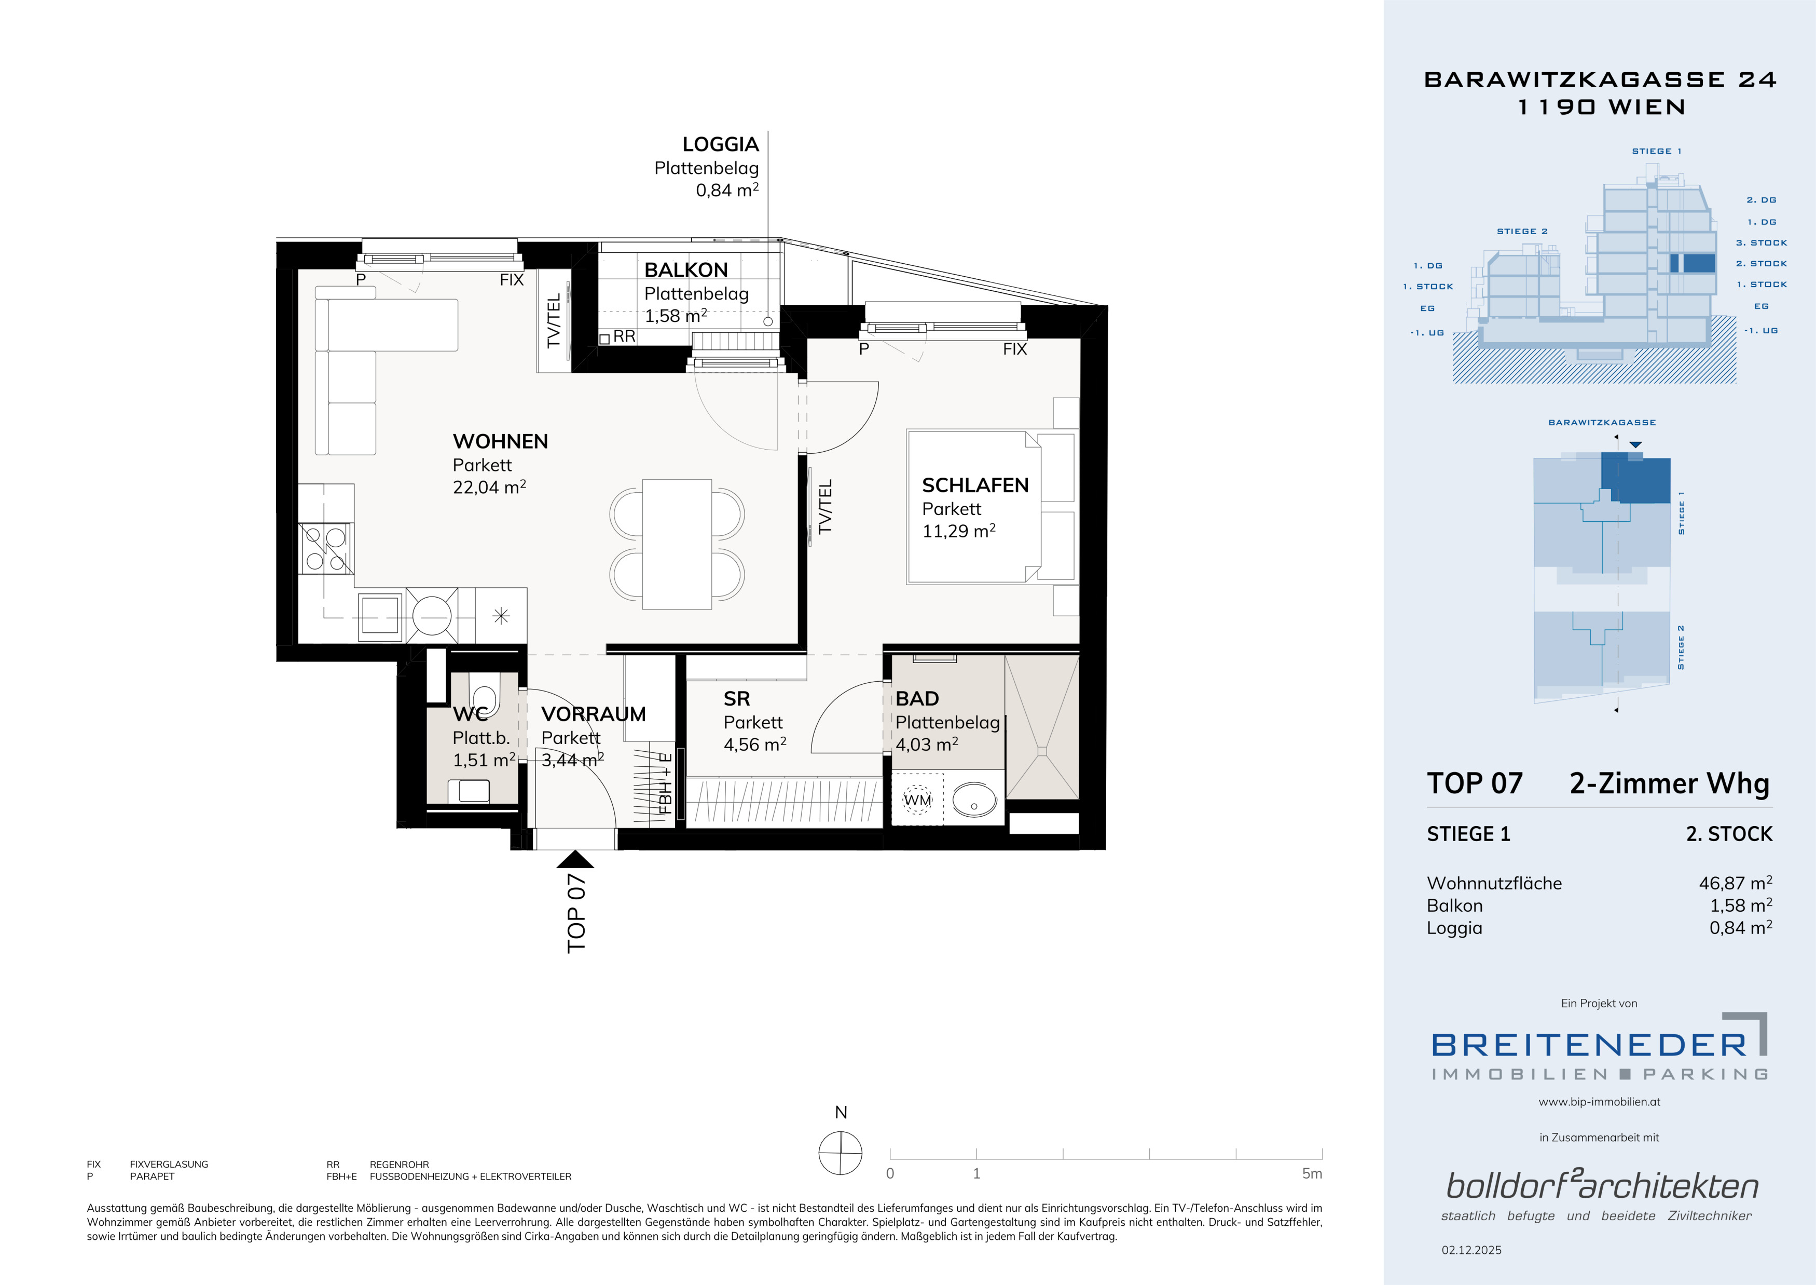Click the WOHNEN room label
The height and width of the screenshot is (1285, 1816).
[500, 441]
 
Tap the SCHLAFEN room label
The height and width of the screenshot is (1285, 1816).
[975, 485]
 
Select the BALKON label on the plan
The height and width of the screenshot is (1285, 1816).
[686, 270]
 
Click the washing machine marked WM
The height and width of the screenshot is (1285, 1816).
[917, 800]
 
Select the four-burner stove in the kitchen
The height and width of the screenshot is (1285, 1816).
[326, 548]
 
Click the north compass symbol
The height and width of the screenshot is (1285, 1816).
[840, 1153]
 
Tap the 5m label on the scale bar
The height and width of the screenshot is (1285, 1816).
[1311, 1173]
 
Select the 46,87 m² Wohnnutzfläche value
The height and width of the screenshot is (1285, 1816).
[1736, 883]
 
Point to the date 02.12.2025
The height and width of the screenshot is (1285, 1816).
[1471, 1250]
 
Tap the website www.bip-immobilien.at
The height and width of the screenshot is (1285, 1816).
[1599, 1101]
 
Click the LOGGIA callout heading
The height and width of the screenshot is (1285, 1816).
[721, 144]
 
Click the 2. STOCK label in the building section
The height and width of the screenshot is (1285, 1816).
[1762, 263]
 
